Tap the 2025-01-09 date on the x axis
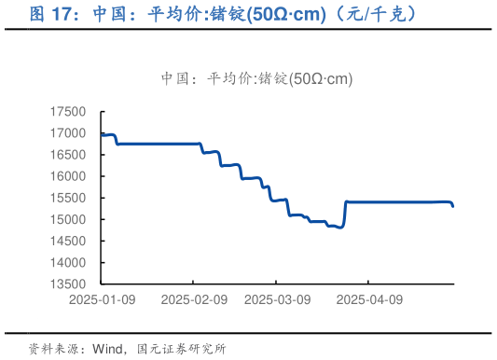103,300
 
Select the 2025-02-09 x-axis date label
194,300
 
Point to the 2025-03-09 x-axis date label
276,300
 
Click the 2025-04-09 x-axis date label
368,300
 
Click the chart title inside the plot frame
256,78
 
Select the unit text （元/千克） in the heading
369,15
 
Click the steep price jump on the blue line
345,214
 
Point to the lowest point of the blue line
340,228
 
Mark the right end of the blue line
453,207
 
